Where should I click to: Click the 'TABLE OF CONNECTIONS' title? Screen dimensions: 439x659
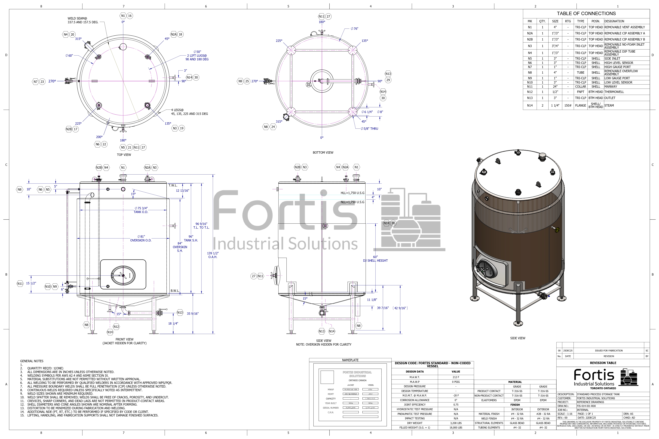click(586, 13)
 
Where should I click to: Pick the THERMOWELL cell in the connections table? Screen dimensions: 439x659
click(614, 92)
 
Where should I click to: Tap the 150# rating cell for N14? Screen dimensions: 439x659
click(568, 106)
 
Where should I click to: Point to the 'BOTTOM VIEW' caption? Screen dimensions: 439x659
click(323, 153)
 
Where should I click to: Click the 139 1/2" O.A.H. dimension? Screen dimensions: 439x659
click(213, 255)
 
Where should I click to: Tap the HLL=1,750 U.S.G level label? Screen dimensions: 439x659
click(352, 193)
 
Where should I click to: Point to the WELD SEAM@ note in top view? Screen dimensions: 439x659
click(83, 20)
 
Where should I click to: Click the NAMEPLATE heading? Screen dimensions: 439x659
click(350, 360)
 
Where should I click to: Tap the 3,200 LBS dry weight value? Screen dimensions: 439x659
click(456, 423)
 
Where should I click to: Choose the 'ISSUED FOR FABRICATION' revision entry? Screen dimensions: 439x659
click(609, 350)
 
